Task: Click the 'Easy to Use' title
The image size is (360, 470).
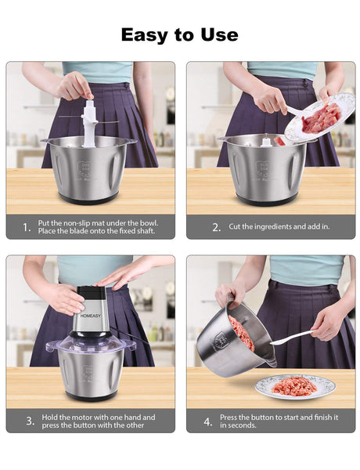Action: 179,34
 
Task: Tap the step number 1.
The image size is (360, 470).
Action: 27,227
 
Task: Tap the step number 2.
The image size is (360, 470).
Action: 217,227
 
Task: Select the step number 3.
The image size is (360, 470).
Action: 31,421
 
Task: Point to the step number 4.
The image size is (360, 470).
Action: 208,421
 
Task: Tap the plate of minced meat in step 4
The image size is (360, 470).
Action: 295,385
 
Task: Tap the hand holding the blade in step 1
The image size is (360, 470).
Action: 76,85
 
